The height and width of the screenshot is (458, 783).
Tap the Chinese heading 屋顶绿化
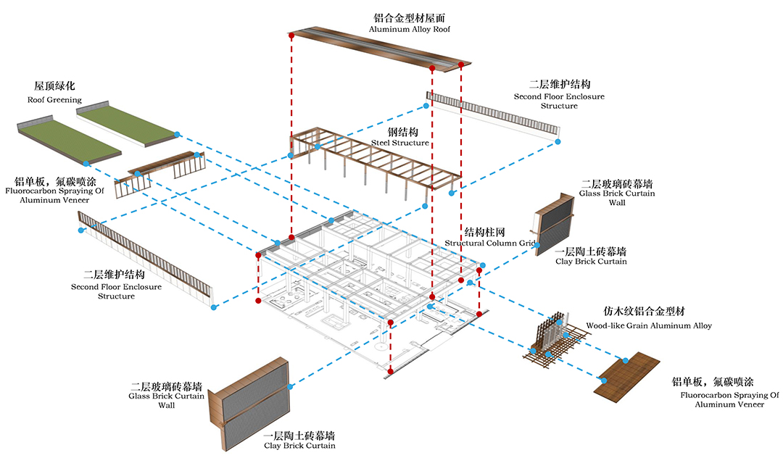click(x=55, y=87)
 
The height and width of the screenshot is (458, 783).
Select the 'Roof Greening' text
click(x=55, y=100)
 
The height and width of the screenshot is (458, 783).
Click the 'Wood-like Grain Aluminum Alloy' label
click(x=648, y=326)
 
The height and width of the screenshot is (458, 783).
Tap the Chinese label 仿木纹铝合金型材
click(x=648, y=312)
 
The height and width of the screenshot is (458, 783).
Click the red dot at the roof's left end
click(x=291, y=35)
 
